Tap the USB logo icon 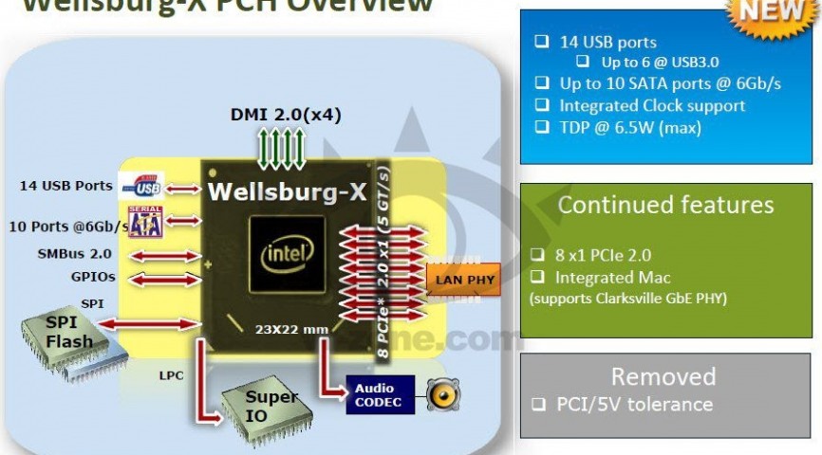point(147,186)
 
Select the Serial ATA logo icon point(145,222)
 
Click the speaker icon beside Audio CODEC point(443,395)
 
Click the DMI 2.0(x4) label point(285,116)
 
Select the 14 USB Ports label point(66,186)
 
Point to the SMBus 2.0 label point(75,253)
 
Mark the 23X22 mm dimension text point(293,329)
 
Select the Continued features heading point(665,205)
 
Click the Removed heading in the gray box point(663,376)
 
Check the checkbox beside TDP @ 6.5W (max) point(541,126)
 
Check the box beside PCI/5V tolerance point(539,404)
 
